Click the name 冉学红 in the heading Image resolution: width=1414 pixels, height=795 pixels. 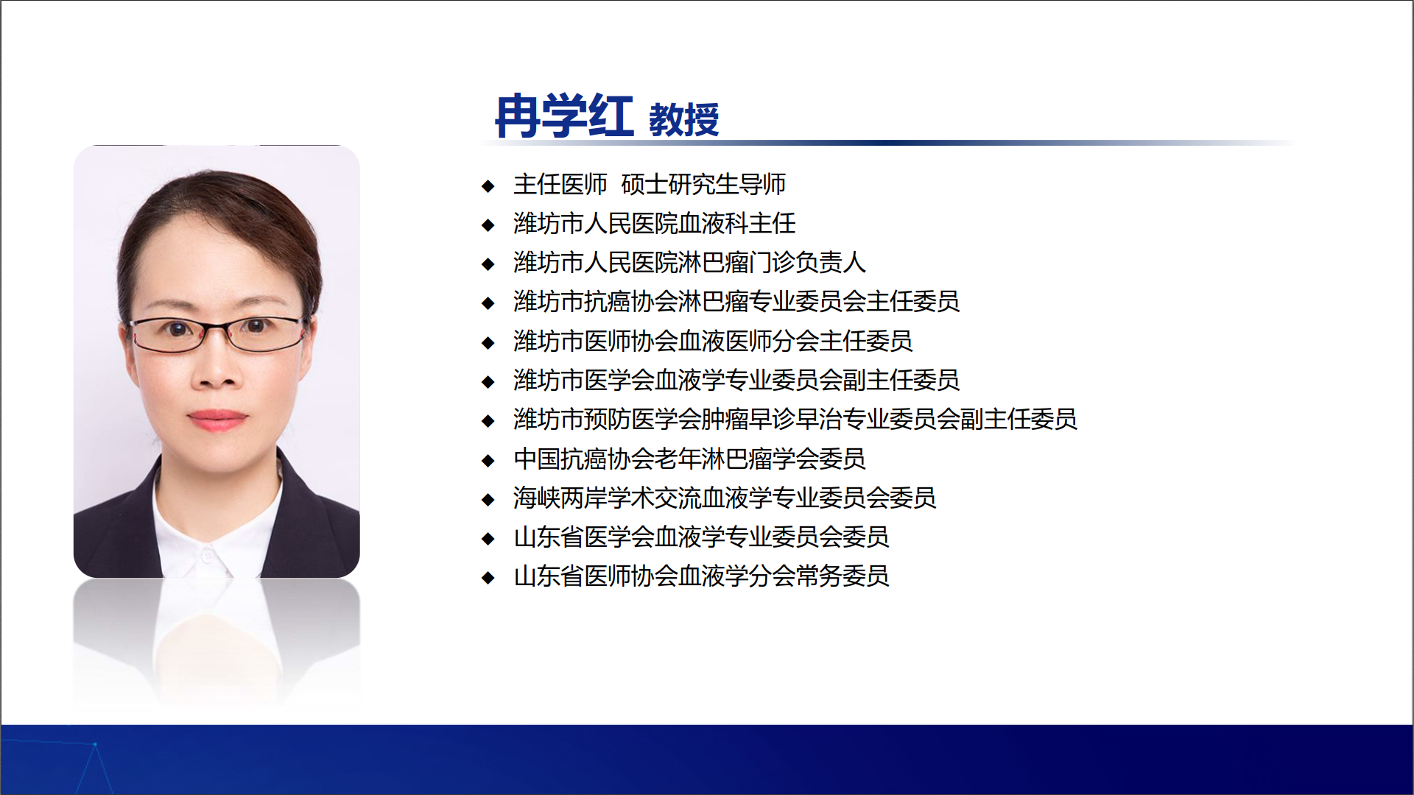click(x=564, y=116)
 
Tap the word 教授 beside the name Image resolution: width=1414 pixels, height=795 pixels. click(x=683, y=120)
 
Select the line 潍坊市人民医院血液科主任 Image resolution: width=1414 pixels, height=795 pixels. click(x=655, y=223)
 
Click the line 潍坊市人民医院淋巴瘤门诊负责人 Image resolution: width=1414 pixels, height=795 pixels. click(x=689, y=262)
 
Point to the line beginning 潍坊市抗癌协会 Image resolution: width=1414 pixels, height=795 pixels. click(x=736, y=301)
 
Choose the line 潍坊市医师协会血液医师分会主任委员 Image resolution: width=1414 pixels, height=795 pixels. click(x=713, y=341)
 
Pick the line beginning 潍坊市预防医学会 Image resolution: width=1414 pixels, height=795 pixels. click(x=795, y=419)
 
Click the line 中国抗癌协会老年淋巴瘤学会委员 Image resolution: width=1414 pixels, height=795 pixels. click(x=689, y=459)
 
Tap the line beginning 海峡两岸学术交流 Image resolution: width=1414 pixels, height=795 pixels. click(x=725, y=498)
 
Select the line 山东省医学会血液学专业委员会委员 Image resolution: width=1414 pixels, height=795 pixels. click(x=701, y=537)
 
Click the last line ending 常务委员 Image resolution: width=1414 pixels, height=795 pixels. click(x=701, y=576)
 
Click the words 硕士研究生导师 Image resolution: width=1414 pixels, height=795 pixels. click(x=703, y=184)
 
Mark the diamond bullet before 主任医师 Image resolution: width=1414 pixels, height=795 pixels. click(x=488, y=185)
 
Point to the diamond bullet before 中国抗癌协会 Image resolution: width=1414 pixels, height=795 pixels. click(x=488, y=461)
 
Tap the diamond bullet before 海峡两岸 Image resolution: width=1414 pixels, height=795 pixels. click(x=488, y=500)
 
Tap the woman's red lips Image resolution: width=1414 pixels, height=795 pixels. click(x=217, y=420)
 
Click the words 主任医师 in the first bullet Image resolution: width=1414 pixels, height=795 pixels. click(x=560, y=184)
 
